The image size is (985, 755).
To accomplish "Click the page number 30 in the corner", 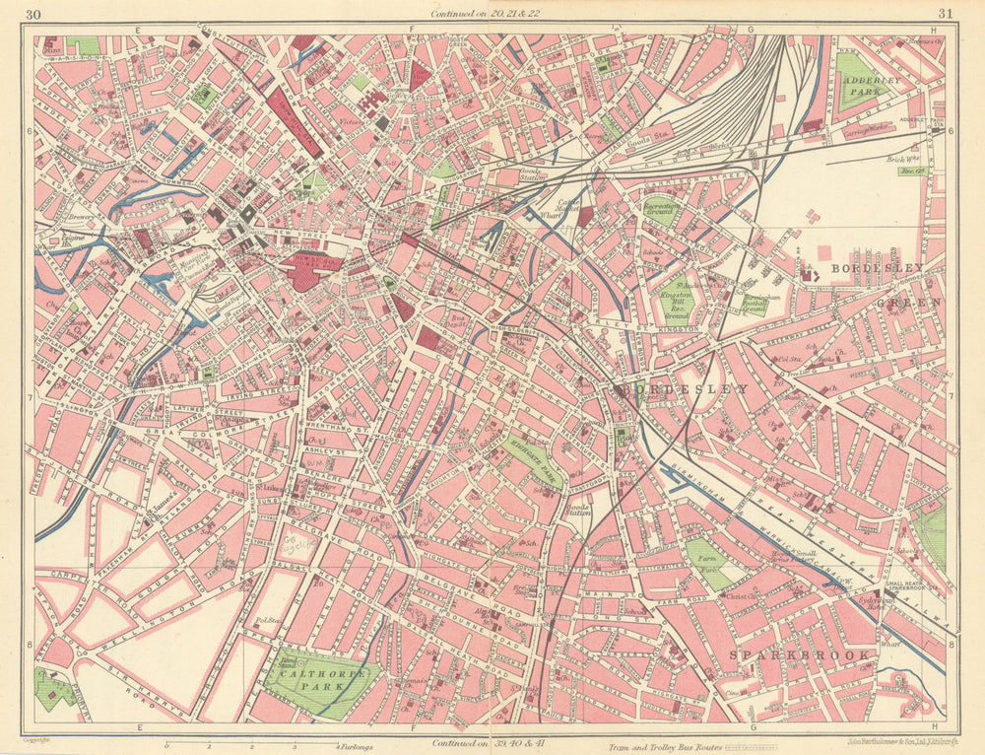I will pyautogui.click(x=34, y=14).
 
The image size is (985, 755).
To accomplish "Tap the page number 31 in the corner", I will pyautogui.click(x=946, y=14).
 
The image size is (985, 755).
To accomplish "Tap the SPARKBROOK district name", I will pyautogui.click(x=799, y=654).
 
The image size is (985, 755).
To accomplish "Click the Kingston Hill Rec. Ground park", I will pyautogui.click(x=676, y=296).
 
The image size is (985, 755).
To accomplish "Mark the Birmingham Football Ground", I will pyautogui.click(x=755, y=305).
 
